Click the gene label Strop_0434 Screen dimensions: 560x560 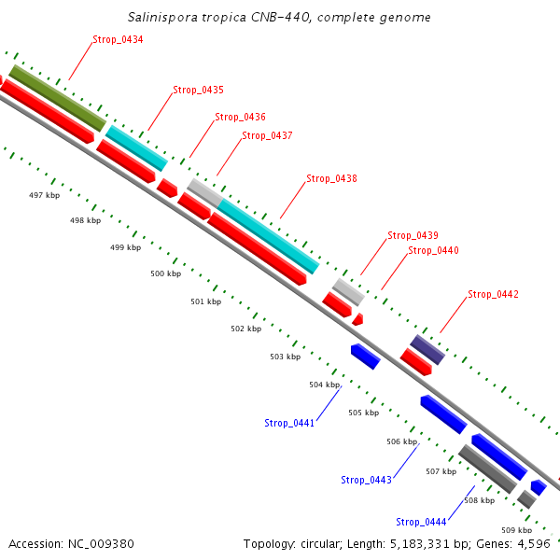tap(118, 39)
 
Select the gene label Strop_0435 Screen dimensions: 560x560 tap(198, 90)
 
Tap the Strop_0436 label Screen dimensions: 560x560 tap(240, 117)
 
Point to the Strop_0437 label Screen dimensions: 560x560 tap(267, 135)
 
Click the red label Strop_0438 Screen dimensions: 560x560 tap(331, 178)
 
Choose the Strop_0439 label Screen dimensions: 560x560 tap(413, 235)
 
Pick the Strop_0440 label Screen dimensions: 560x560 tap(433, 250)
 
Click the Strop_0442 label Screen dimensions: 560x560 tap(493, 294)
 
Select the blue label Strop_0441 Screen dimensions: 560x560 tap(289, 423)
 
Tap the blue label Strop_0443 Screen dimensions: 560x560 tap(366, 480)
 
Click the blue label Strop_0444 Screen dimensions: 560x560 tap(421, 522)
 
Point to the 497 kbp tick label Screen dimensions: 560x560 tap(44, 195)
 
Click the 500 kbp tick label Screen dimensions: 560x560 tap(165, 273)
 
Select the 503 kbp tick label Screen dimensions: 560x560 tap(285, 357)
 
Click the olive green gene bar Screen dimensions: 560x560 tap(57, 97)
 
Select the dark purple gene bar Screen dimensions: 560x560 tap(427, 349)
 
